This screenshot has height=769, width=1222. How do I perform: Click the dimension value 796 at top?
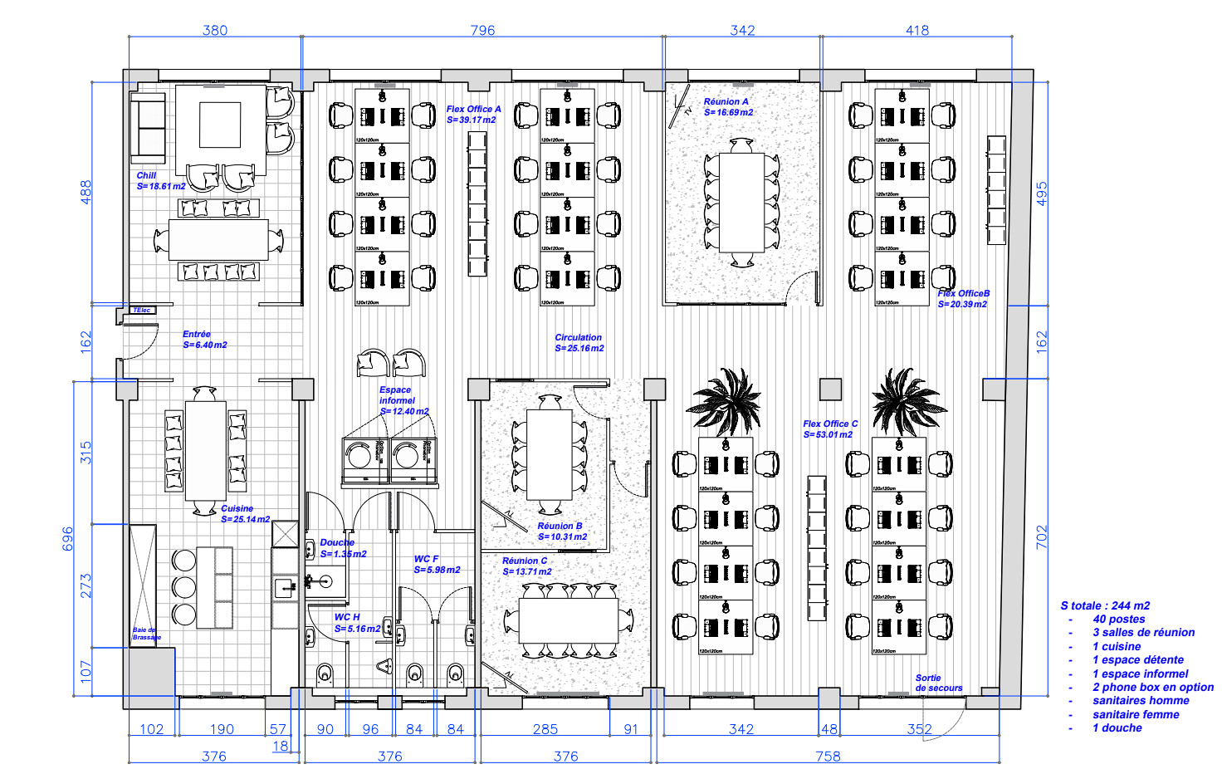point(482,30)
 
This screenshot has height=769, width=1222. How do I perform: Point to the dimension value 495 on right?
point(1042,193)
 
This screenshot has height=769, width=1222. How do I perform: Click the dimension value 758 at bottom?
point(828,756)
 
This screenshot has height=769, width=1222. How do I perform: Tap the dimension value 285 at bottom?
point(545,729)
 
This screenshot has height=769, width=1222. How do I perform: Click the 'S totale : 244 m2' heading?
point(1105,605)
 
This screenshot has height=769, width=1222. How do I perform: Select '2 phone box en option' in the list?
point(1152,687)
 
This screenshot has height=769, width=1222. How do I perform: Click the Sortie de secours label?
point(938,683)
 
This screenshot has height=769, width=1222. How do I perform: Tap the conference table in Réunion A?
point(741,202)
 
